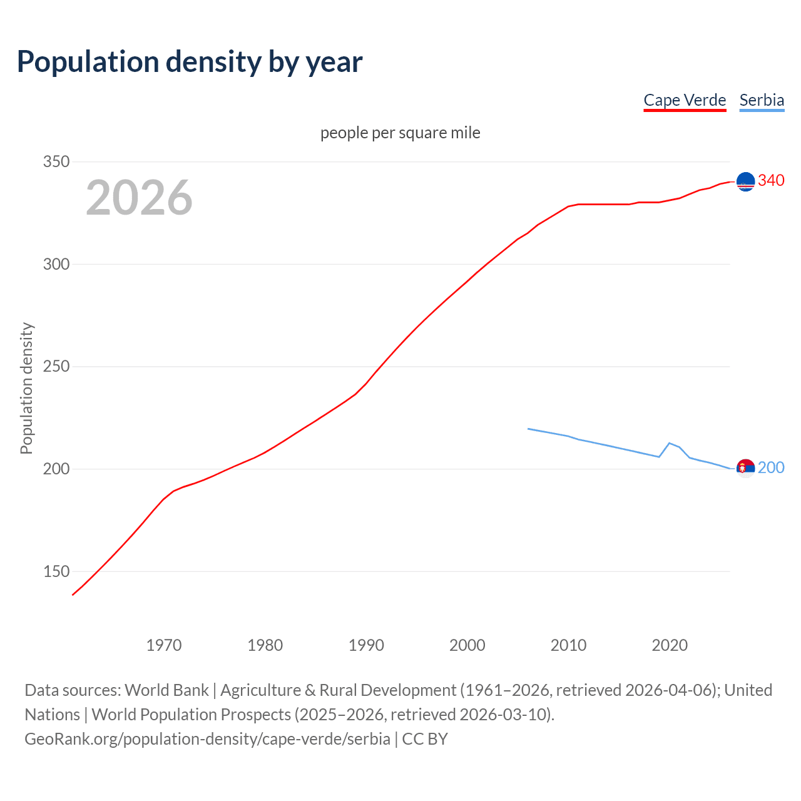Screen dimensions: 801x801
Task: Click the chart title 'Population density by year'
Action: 190,62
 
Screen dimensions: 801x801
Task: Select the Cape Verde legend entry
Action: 685,100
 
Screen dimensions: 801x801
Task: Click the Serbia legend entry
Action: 762,100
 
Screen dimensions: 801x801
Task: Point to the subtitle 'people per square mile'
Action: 400,133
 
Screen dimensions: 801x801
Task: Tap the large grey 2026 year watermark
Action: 139,198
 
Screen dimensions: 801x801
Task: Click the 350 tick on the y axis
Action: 56,161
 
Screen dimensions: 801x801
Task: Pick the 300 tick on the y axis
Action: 56,264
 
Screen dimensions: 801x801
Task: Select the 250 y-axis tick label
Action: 56,367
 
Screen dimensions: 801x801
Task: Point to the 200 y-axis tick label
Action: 56,469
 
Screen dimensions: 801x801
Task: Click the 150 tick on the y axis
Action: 56,571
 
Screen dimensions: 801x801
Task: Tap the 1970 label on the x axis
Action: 164,645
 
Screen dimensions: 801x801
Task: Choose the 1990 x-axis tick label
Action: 366,645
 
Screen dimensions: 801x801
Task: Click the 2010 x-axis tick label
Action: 568,645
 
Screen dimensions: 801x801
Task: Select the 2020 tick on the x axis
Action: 670,645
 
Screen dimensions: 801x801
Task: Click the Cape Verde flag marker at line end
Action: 745,181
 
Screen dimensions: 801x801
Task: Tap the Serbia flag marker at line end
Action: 745,468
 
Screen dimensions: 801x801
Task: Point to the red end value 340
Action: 771,180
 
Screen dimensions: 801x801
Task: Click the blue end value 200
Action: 771,467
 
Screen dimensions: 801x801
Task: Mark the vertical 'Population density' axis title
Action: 26,388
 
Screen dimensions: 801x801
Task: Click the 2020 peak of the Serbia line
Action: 670,443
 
